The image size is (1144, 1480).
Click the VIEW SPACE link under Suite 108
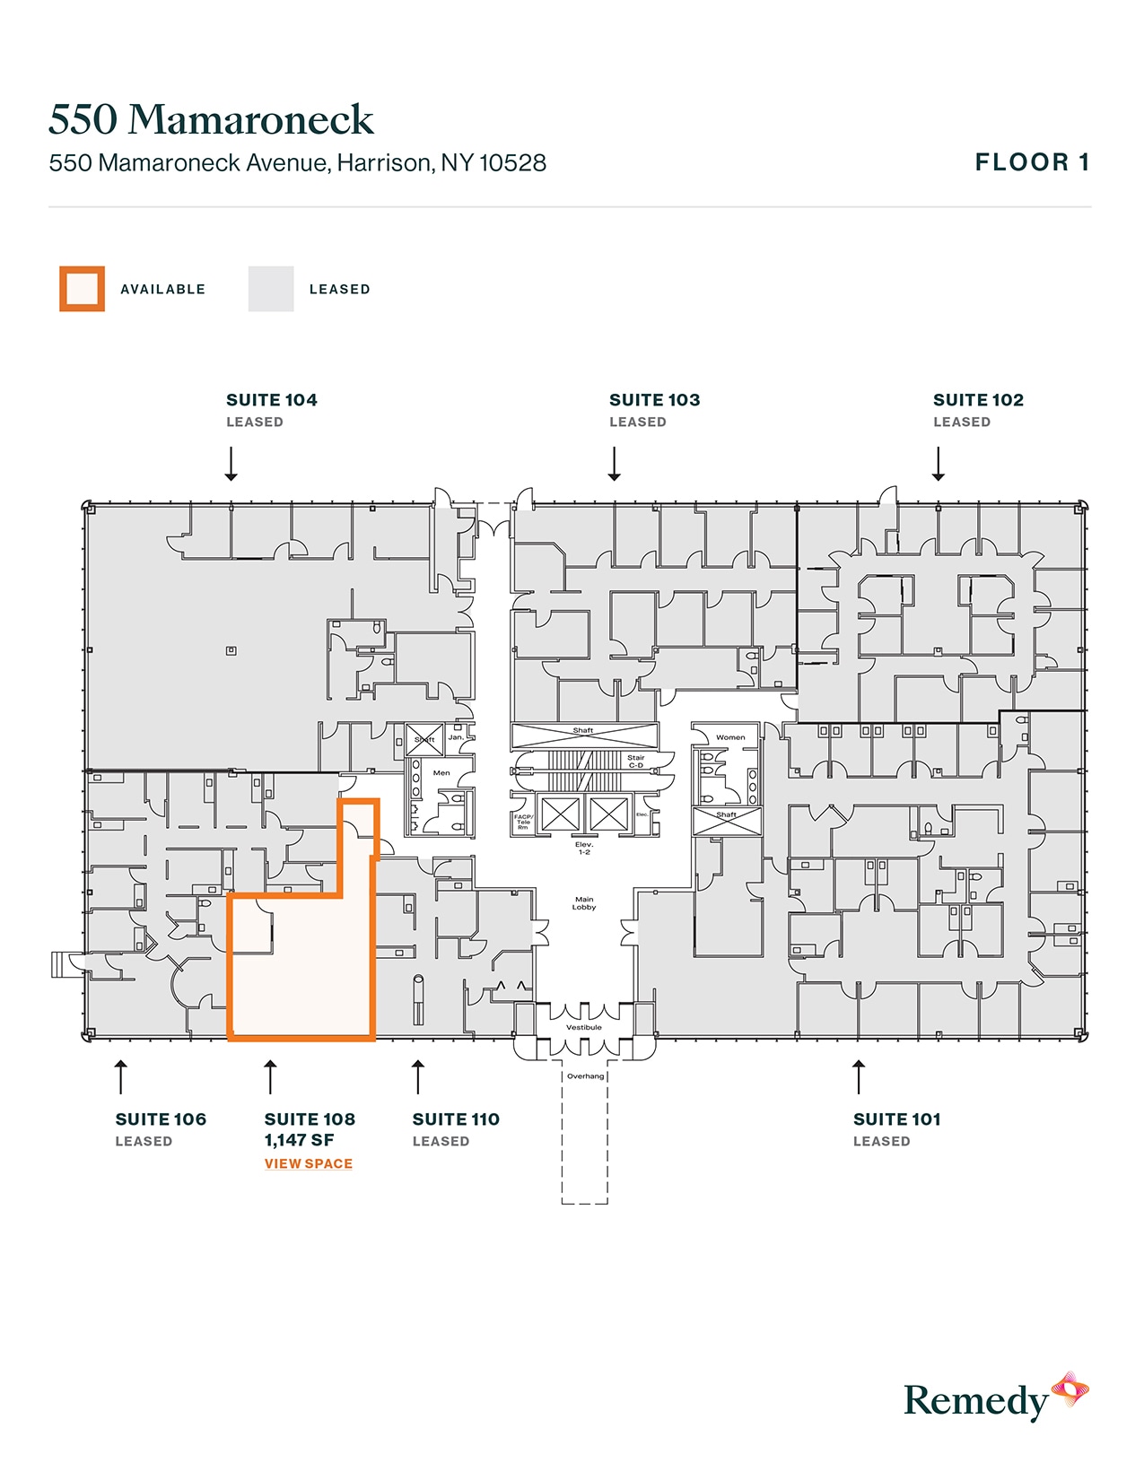(308, 1163)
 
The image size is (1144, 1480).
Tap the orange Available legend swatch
(83, 289)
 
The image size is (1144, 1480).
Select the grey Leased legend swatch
(271, 289)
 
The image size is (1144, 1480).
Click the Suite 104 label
(271, 400)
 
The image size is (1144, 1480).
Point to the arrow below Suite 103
(615, 464)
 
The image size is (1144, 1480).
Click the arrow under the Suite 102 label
(939, 464)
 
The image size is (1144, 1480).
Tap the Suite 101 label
(896, 1119)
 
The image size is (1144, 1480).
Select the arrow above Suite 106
(121, 1076)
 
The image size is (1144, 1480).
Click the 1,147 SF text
(299, 1140)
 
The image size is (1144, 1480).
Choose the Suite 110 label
(456, 1119)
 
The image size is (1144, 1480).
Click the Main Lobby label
(584, 903)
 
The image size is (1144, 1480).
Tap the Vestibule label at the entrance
(584, 1027)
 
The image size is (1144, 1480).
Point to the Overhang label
(585, 1075)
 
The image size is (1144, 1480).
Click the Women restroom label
(730, 737)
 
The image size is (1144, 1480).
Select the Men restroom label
(441, 772)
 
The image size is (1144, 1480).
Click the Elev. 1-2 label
(584, 848)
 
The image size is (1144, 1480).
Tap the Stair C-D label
(636, 762)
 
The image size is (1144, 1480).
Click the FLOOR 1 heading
(1032, 162)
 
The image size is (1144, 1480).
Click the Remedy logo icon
(1070, 1389)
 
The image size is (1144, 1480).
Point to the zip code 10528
(512, 163)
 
